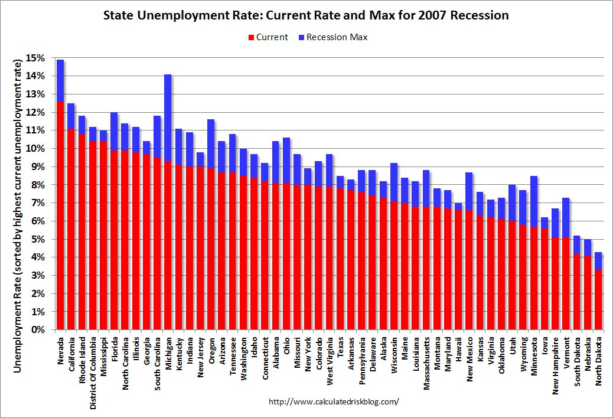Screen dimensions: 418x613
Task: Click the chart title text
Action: (306, 15)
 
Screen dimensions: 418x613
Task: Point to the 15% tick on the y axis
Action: (36, 58)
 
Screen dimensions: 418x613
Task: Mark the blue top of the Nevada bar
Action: (60, 80)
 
